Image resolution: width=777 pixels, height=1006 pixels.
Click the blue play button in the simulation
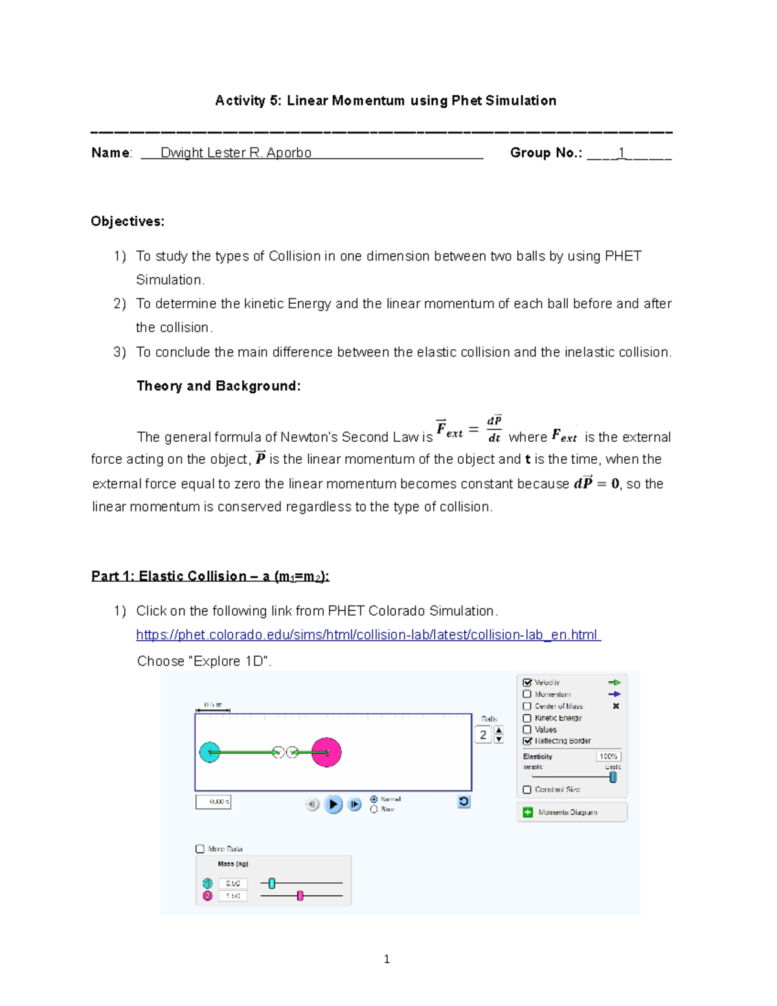click(333, 804)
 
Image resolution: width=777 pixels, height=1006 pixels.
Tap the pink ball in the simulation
click(326, 752)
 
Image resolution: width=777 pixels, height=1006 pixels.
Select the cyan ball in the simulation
click(210, 752)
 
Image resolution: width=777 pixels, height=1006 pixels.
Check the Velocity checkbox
click(527, 682)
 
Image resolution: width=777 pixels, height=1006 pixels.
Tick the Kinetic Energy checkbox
click(527, 718)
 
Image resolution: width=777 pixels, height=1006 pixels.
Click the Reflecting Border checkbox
click(527, 740)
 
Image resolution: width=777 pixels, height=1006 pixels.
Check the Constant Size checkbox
click(527, 790)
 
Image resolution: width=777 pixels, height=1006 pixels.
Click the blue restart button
click(464, 802)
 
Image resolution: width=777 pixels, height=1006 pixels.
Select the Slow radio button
click(374, 809)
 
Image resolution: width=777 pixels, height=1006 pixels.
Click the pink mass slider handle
click(300, 895)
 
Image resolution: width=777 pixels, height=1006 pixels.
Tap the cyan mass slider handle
click(272, 883)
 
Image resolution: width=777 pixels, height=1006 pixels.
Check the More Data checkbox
click(200, 849)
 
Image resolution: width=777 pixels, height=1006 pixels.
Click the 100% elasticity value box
click(608, 756)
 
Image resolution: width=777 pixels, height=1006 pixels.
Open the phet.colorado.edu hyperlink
click(368, 635)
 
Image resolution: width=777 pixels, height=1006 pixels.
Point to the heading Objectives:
click(128, 222)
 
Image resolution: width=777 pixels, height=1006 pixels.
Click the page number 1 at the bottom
click(387, 959)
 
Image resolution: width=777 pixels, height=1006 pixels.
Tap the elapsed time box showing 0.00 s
click(213, 802)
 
